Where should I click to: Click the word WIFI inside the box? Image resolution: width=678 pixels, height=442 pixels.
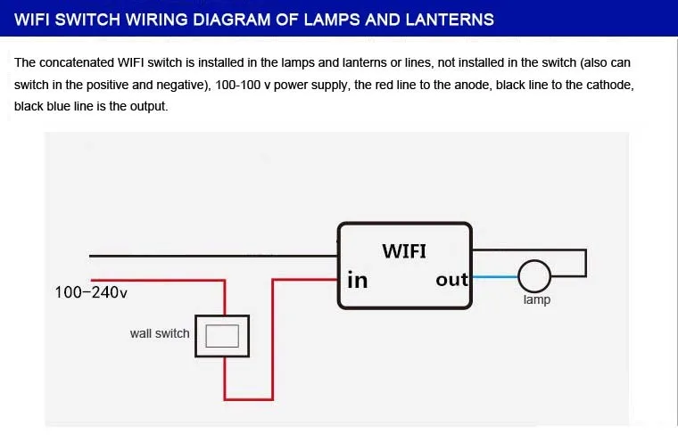click(x=404, y=251)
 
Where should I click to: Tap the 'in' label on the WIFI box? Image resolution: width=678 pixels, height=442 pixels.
click(x=357, y=280)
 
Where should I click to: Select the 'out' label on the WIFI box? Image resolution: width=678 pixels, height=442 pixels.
click(x=451, y=280)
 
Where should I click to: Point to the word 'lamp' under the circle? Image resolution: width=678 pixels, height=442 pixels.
click(x=537, y=299)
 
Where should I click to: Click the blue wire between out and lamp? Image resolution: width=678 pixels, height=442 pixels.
click(x=495, y=276)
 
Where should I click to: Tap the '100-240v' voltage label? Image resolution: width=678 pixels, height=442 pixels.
click(x=91, y=292)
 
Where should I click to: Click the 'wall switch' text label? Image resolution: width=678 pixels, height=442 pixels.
click(x=160, y=333)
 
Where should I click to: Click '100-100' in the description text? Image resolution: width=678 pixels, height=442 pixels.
click(x=238, y=85)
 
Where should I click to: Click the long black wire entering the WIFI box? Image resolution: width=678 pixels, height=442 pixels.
click(x=213, y=256)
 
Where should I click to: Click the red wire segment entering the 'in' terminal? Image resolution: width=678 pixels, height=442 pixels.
click(x=306, y=280)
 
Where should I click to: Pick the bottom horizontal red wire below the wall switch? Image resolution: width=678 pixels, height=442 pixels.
click(x=249, y=399)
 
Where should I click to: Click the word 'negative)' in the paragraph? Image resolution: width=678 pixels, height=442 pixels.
click(x=183, y=85)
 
